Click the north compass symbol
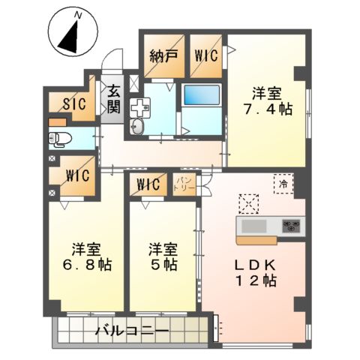click(x=70, y=34)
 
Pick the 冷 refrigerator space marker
click(x=283, y=181)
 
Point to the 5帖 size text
click(x=163, y=265)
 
